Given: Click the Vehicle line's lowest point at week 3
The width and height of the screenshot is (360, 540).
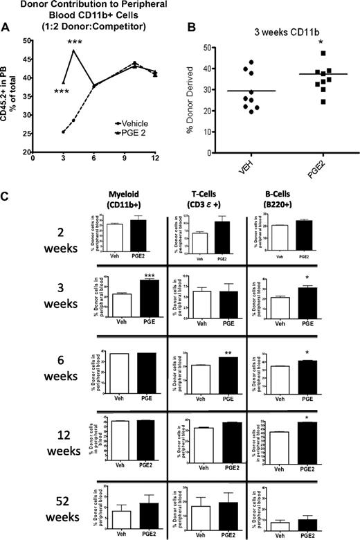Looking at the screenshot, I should (x=64, y=132).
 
